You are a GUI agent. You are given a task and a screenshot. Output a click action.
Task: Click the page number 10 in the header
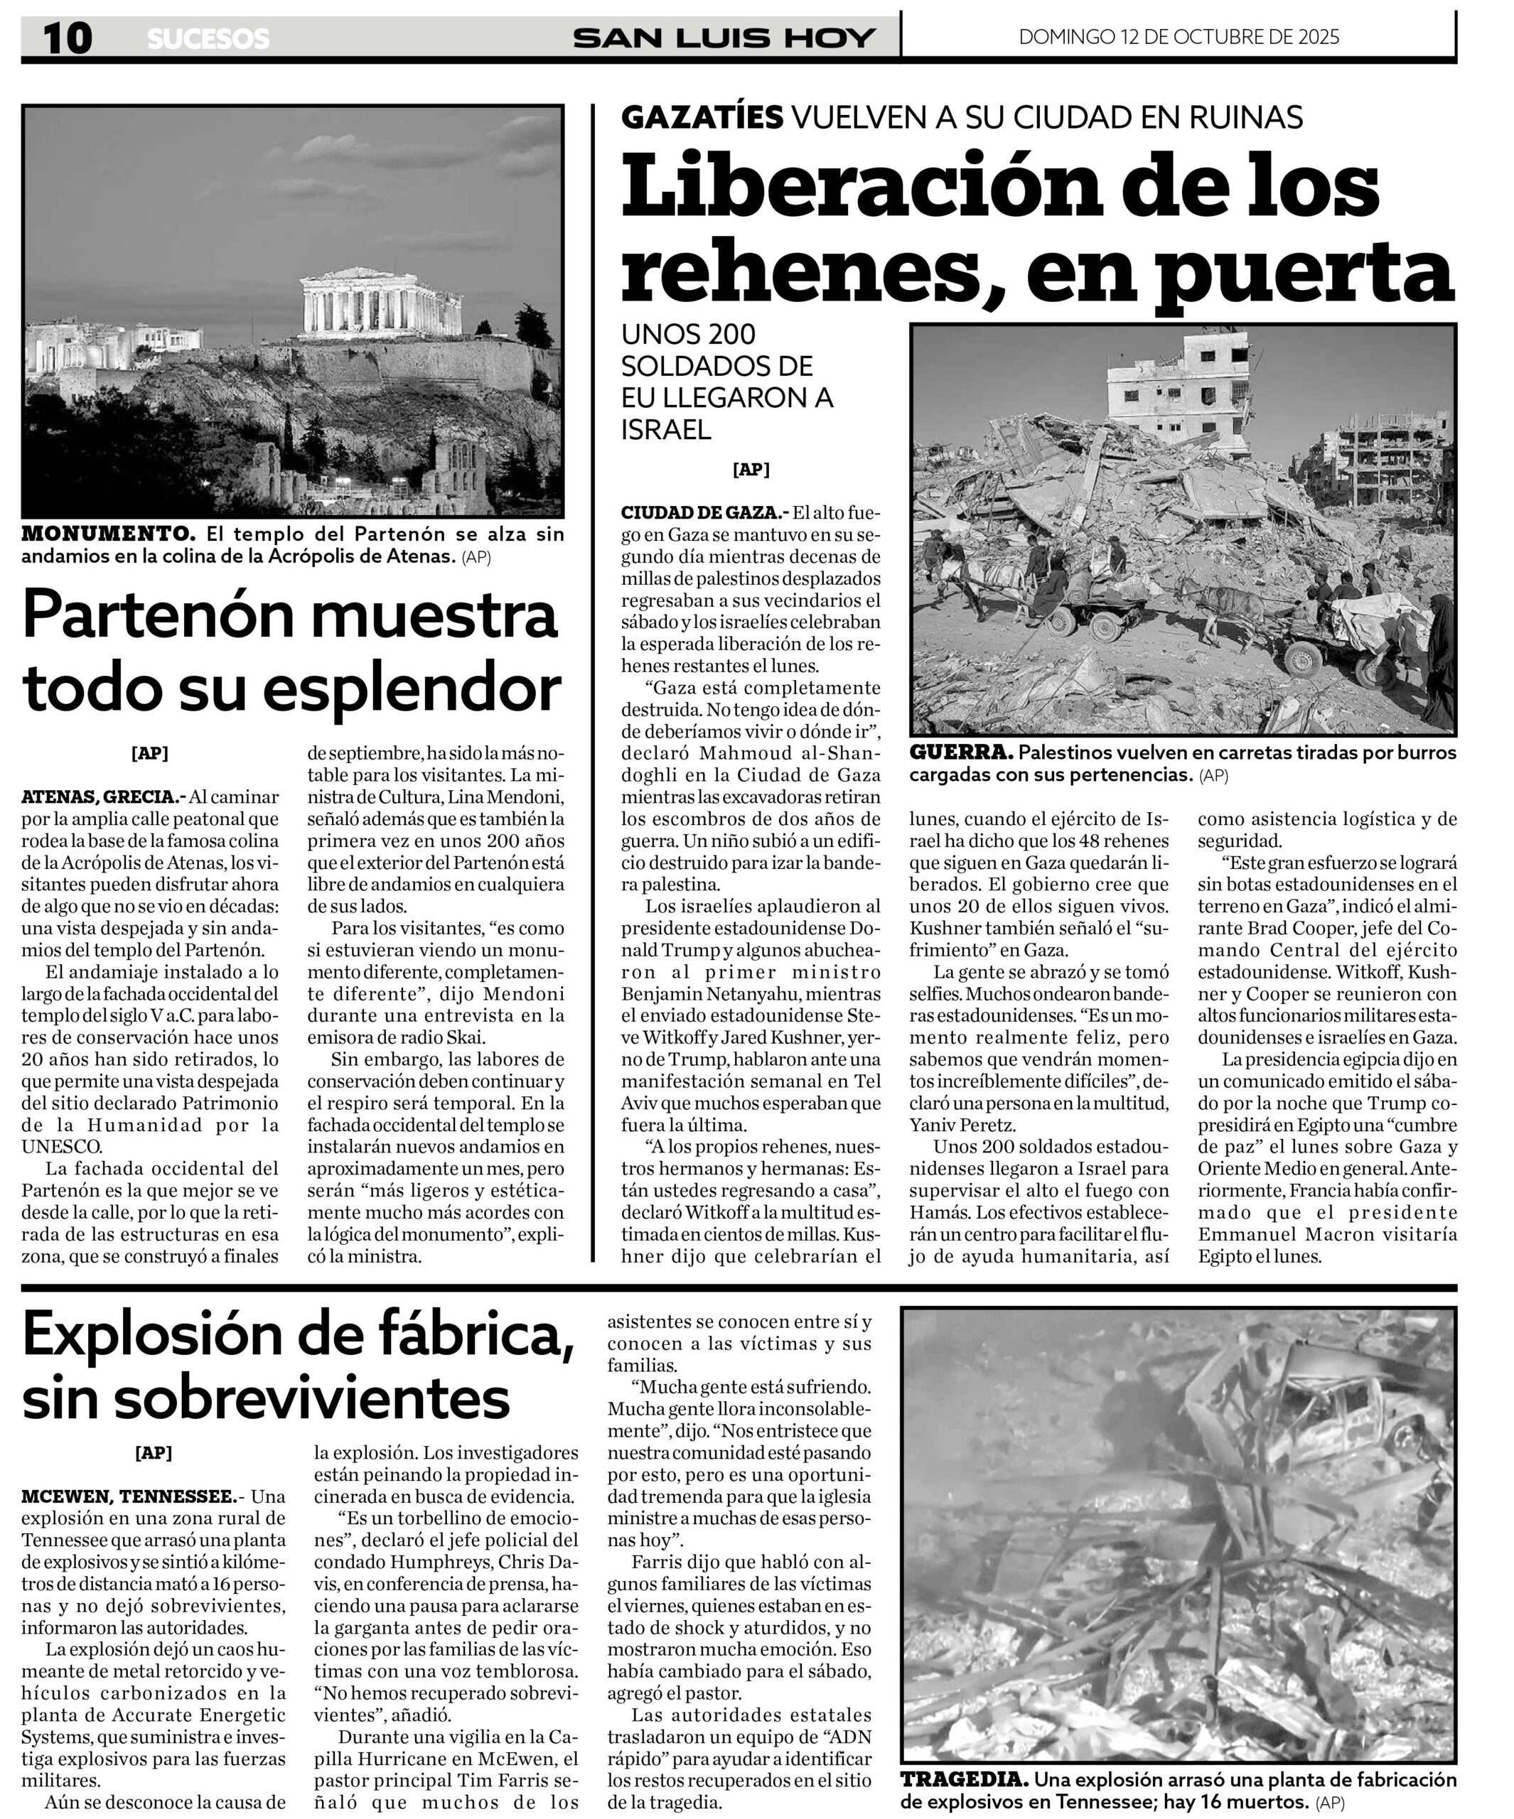[68, 38]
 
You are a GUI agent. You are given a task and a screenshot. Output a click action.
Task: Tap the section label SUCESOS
[208, 39]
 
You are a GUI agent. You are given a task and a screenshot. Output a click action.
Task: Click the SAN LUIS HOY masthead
[724, 38]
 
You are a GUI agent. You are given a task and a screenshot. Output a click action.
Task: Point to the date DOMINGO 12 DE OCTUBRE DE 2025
[1179, 36]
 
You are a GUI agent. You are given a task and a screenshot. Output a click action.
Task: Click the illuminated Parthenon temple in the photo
[380, 303]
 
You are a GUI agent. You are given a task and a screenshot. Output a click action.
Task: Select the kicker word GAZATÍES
[702, 117]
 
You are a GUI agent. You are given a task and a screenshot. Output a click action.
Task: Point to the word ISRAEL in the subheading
[665, 430]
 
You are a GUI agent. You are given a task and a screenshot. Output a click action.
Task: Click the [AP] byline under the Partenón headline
[149, 754]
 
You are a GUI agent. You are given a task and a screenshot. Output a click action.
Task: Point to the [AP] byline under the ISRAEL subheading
[751, 470]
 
